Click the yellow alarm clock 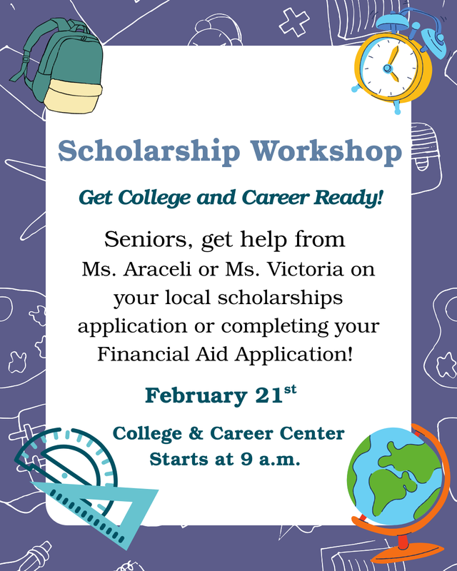(x=389, y=68)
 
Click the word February (x=190, y=395)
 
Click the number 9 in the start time (x=246, y=459)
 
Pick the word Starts (x=176, y=459)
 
